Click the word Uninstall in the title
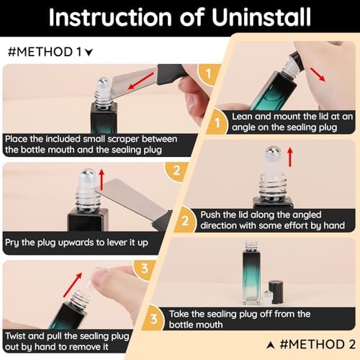(x=261, y=17)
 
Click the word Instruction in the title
(x=110, y=17)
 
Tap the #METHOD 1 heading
(x=50, y=52)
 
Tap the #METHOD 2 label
(x=311, y=344)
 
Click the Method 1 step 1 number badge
(x=208, y=74)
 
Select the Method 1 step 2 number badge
(x=176, y=171)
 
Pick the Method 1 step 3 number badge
(x=145, y=269)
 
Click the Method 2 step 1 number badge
(x=217, y=122)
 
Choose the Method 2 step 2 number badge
(x=185, y=220)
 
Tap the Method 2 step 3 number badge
(x=153, y=319)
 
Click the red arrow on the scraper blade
(x=141, y=81)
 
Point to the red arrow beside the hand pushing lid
(x=318, y=74)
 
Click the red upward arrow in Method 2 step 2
(x=290, y=157)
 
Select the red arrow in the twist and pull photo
(x=73, y=284)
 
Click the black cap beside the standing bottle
(x=276, y=288)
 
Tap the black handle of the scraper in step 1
(x=174, y=74)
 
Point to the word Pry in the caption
(x=12, y=243)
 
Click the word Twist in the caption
(x=15, y=336)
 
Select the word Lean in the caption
(x=242, y=117)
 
